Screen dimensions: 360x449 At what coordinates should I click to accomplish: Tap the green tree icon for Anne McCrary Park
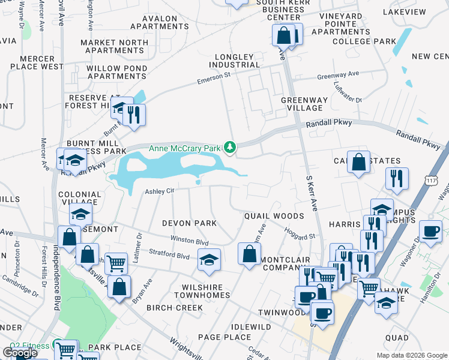[229, 146]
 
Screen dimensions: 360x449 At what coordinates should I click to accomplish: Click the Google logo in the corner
[20, 353]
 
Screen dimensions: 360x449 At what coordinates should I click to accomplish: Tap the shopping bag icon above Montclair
[249, 253]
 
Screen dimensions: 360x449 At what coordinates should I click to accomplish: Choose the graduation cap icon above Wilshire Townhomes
[209, 259]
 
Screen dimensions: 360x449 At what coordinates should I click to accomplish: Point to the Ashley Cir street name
[159, 191]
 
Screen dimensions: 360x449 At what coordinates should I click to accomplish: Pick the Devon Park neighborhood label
[189, 223]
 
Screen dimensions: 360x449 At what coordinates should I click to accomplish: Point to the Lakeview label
[423, 11]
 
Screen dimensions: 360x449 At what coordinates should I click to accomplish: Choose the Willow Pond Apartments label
[116, 72]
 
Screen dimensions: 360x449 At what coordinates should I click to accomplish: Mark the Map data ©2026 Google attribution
[411, 355]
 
